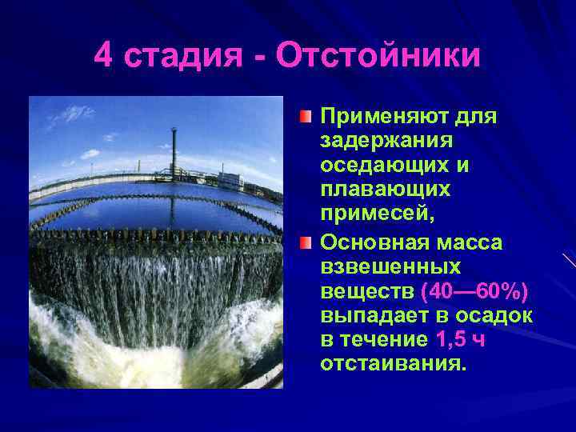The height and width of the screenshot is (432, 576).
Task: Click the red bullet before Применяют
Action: pos(307,118)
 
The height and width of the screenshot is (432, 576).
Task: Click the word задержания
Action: pos(386,142)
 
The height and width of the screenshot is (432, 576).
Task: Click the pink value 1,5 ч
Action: pos(461,340)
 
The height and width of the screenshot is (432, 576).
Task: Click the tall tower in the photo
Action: pos(174,147)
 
